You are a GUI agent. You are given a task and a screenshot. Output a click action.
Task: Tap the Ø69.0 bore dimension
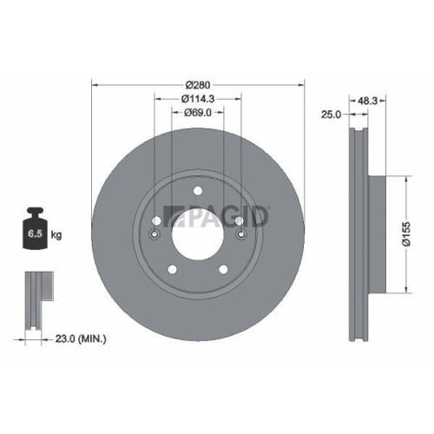pyautogui.click(x=199, y=113)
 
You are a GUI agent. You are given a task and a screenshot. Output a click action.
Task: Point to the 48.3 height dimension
pyautogui.click(x=367, y=100)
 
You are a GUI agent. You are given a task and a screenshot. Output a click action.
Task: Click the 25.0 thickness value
pyautogui.click(x=328, y=114)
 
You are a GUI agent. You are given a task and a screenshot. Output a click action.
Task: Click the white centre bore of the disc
pyautogui.click(x=198, y=233)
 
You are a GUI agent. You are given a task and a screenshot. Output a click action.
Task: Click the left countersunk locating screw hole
pyautogui.click(x=156, y=234)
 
